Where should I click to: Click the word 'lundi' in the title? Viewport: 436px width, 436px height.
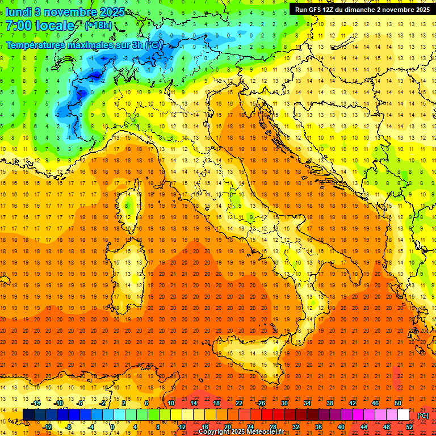[18, 11]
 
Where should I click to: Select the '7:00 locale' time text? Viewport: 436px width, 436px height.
[40, 26]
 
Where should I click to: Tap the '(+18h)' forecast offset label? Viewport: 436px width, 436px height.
[98, 26]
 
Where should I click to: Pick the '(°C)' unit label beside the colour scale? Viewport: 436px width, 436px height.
[423, 416]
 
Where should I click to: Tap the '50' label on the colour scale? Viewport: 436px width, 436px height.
[398, 403]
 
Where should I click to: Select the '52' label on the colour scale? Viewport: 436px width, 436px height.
[409, 426]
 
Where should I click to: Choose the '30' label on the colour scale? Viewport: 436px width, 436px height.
[284, 403]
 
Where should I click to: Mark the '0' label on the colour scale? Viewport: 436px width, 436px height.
[113, 426]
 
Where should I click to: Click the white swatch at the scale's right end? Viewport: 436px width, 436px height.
[403, 415]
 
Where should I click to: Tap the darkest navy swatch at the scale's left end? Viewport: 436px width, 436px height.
[28, 415]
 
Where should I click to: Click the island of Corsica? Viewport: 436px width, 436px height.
[129, 208]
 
